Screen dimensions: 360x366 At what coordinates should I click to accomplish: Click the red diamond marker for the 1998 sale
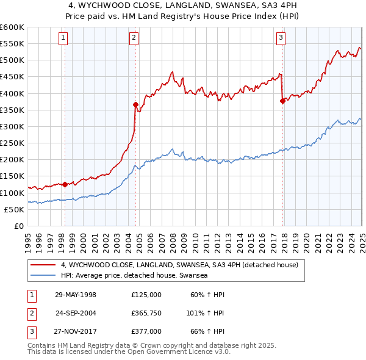pyautogui.click(x=65, y=184)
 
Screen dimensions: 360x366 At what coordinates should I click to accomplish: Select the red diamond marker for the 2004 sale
pyautogui.click(x=135, y=104)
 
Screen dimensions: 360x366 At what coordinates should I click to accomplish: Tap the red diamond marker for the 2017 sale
pyautogui.click(x=282, y=101)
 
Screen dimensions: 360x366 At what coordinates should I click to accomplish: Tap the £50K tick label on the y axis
pyautogui.click(x=14, y=209)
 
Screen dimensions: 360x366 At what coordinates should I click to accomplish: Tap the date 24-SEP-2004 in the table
pyautogui.click(x=76, y=313)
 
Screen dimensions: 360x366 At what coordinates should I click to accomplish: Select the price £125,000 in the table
pyautogui.click(x=146, y=295)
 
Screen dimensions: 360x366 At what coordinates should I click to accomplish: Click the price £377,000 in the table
pyautogui.click(x=146, y=331)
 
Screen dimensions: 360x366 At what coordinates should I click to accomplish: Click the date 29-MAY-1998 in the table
pyautogui.click(x=76, y=295)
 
